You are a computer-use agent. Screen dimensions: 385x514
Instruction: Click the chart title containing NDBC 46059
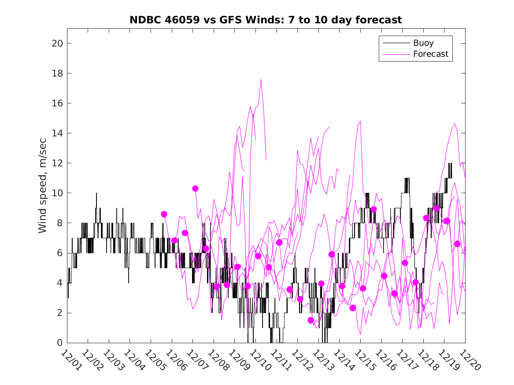click(266, 20)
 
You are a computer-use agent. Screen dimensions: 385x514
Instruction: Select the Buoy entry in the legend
click(423, 43)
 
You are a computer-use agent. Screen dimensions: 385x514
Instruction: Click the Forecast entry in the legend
click(430, 54)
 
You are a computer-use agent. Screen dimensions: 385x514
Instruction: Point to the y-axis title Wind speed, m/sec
click(42, 185)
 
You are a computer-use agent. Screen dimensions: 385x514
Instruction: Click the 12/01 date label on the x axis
click(70, 360)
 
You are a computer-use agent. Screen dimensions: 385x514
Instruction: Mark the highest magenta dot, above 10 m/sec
click(195, 188)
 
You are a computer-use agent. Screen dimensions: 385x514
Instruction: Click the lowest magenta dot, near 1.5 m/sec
click(311, 320)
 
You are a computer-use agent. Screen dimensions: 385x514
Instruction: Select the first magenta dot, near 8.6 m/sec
click(164, 214)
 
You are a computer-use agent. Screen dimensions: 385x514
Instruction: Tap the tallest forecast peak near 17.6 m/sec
click(261, 80)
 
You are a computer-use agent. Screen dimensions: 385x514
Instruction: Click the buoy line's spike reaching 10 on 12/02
click(96, 194)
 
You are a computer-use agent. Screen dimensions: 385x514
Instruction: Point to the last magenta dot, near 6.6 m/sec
click(457, 244)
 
